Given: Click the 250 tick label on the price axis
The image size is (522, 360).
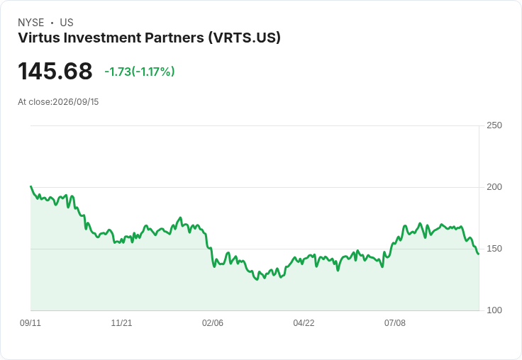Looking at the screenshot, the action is pos(494,125).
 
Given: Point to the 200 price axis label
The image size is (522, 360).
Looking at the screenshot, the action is pos(494,187).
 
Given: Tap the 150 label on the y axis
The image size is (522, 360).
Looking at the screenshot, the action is pos(494,249).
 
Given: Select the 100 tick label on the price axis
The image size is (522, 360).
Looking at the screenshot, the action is pos(494,310).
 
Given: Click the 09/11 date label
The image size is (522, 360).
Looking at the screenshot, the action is pos(30,322).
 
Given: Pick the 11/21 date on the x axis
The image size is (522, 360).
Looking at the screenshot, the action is pos(121,322).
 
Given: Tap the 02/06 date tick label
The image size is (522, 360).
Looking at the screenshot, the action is pos(213,322).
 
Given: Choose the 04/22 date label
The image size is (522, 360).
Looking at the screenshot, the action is pos(304,322).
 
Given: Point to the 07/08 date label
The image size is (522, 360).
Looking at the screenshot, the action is pos(395,322).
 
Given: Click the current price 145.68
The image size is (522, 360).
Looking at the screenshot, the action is pos(55,71).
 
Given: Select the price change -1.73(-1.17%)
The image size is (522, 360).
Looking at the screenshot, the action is pos(140,72).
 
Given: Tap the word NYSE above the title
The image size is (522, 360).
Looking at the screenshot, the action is pos(31,23).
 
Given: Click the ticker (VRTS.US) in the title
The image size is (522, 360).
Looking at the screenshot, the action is pos(245,38).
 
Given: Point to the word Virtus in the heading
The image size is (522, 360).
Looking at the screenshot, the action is pos(39,38).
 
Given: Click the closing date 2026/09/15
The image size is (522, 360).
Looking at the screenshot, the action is pos(76,102).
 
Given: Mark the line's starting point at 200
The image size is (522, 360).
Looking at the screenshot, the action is pos(30,186).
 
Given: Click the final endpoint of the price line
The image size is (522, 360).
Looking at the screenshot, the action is pos(479,254).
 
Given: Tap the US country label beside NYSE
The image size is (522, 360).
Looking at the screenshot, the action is pos(67,23).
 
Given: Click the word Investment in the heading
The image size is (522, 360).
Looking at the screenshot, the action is pos(102,38).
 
